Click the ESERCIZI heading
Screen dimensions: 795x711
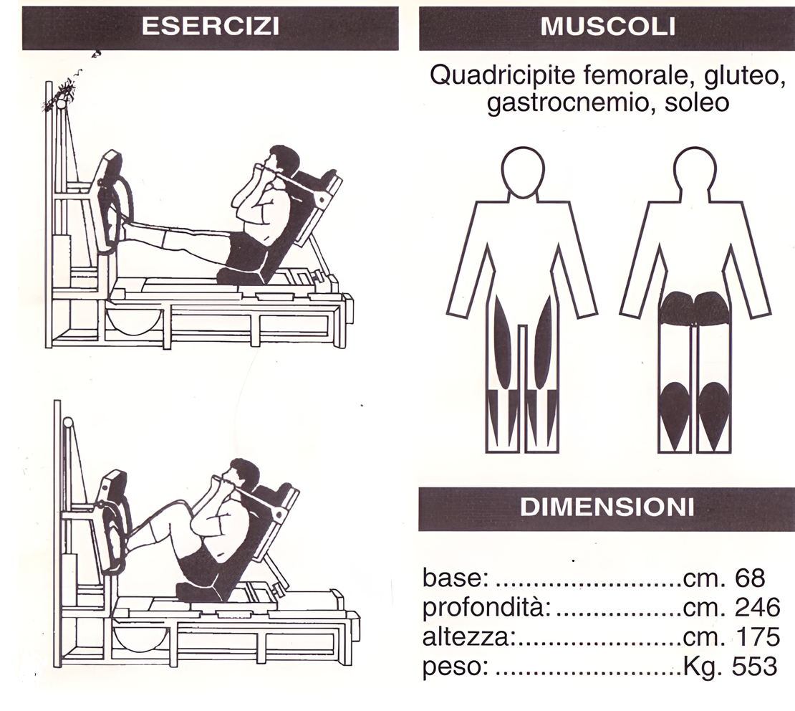tap(211, 27)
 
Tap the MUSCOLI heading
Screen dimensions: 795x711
tap(608, 27)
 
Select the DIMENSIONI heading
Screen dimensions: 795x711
tap(607, 507)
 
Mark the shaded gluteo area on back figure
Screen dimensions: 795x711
tap(695, 307)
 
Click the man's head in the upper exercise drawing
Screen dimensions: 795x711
tap(282, 161)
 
